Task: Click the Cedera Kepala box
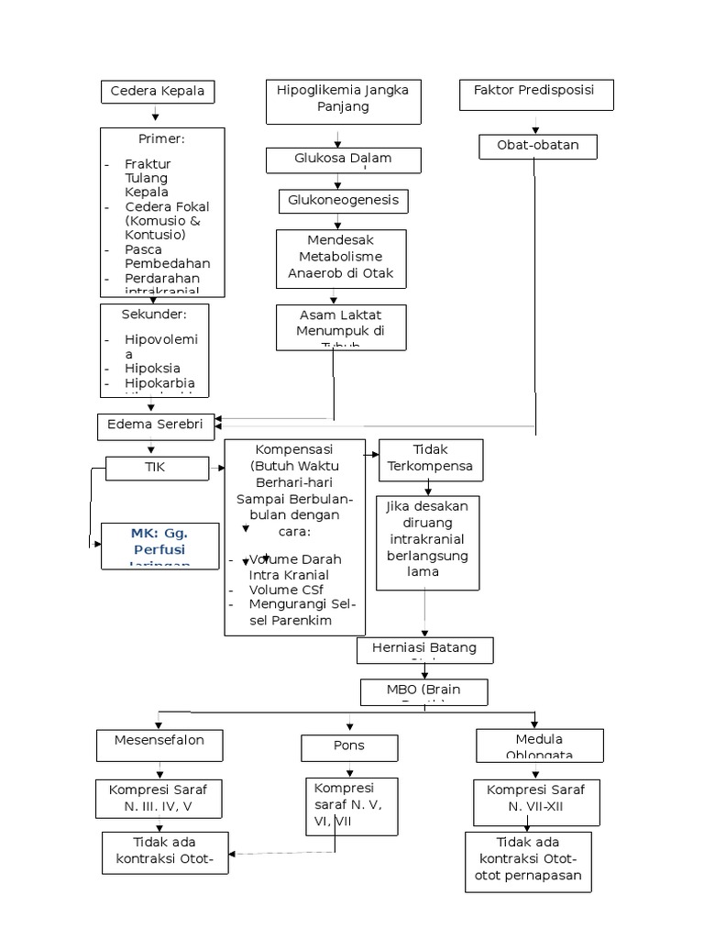point(158,92)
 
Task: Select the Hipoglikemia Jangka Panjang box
point(343,100)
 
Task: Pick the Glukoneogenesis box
point(343,200)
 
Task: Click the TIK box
point(157,468)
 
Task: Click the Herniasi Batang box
point(425,649)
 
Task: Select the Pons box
point(349,747)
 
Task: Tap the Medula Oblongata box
point(539,745)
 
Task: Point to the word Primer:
point(161,139)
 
